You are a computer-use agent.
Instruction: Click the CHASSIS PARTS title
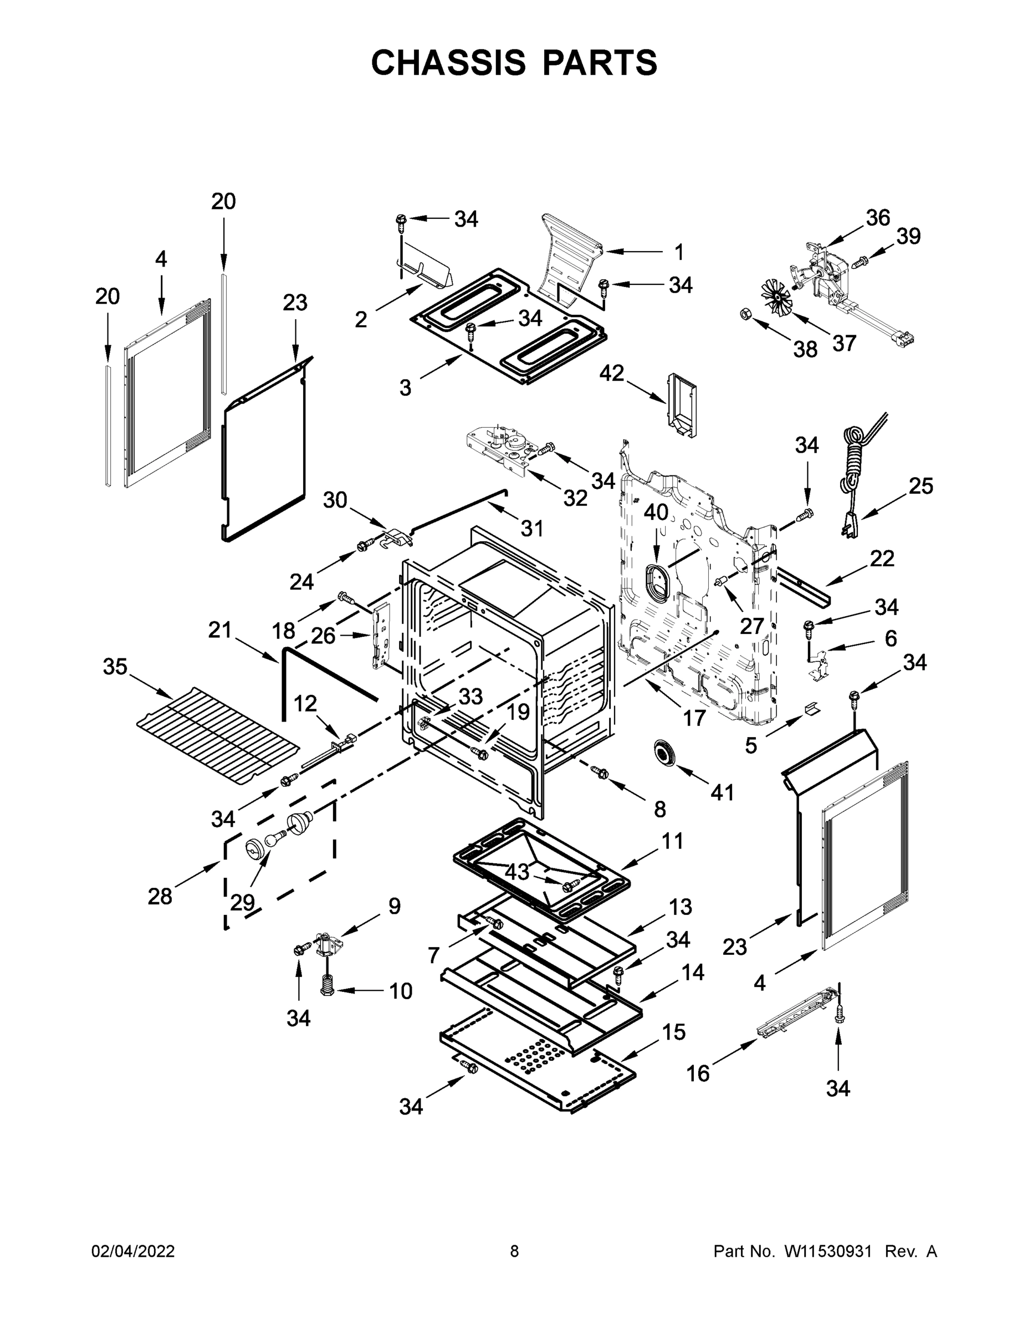[514, 62]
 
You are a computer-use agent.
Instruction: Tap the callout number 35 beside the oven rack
[115, 666]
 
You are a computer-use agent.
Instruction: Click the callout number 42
[611, 373]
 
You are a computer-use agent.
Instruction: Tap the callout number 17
[694, 718]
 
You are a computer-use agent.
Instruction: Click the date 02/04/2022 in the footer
[133, 1251]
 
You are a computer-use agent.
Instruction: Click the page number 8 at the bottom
[514, 1251]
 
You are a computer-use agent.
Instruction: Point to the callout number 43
[517, 872]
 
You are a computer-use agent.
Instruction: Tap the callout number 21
[220, 630]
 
